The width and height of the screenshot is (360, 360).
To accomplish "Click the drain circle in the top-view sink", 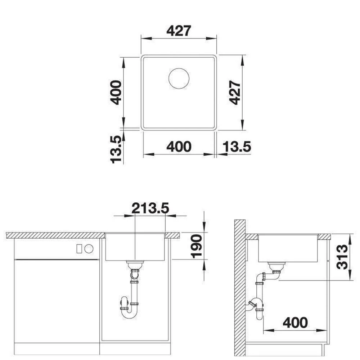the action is (x=179, y=78).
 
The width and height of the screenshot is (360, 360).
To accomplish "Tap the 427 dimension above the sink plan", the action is (x=179, y=31).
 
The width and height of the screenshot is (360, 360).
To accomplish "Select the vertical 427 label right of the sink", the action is (x=235, y=93).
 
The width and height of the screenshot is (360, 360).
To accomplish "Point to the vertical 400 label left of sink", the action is (x=116, y=93).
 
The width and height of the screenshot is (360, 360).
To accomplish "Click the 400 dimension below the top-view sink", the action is (x=179, y=147).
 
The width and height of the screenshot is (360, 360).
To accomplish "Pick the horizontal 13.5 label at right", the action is (x=237, y=147).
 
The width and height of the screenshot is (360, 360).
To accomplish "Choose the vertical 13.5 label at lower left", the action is (x=116, y=150).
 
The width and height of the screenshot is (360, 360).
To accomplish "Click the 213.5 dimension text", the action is (x=150, y=208).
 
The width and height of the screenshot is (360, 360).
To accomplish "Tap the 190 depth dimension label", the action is (x=196, y=246).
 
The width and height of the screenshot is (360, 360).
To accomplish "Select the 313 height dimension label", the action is (x=342, y=257).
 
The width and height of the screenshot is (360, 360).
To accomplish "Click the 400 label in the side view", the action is (x=295, y=323).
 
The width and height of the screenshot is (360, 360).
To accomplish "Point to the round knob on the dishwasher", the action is (x=89, y=249).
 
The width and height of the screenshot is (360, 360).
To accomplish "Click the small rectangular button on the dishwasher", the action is (x=79, y=249).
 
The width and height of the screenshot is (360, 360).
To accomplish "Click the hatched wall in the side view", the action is (x=240, y=290).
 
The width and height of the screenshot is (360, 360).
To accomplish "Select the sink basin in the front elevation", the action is (x=135, y=247).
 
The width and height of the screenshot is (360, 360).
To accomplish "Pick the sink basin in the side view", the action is (x=288, y=248).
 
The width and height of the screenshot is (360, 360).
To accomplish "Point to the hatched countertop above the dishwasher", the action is (x=55, y=235).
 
